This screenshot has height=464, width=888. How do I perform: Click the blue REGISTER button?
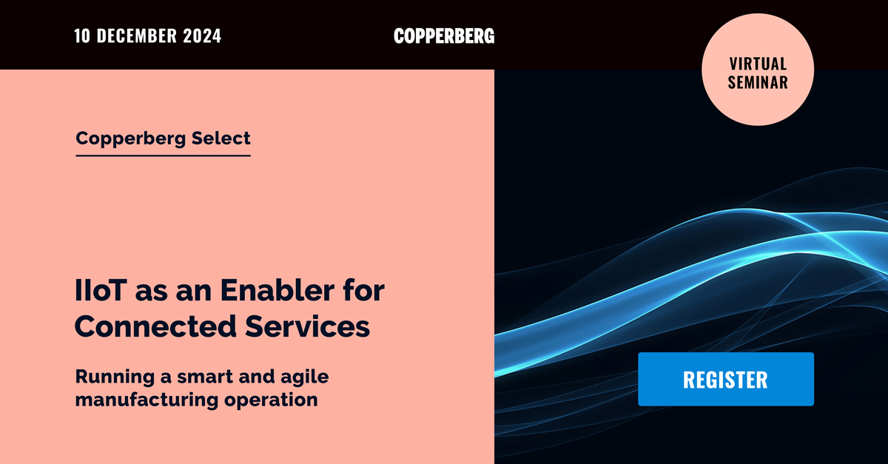pos(725,379)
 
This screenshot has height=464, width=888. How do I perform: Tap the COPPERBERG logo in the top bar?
pos(444,36)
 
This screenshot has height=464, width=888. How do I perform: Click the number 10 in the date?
pos(84,36)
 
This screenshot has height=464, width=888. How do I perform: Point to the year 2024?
pos(202,36)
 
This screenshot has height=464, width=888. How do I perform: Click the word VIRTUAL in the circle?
pos(757,64)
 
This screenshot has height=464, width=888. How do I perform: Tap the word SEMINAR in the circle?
pos(757,82)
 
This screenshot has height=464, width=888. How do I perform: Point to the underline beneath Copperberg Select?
pos(163,155)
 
